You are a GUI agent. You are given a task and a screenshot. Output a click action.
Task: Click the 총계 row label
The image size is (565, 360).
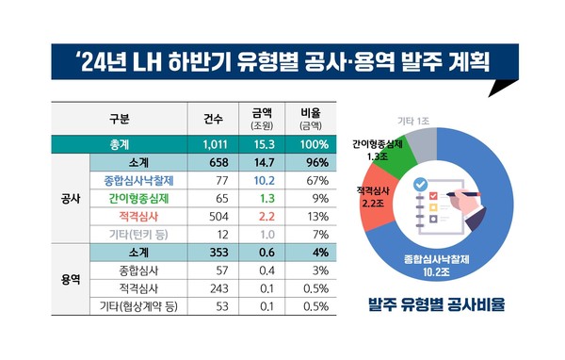[121, 145]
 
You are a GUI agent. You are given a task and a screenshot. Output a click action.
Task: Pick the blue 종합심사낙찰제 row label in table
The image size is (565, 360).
[138, 180]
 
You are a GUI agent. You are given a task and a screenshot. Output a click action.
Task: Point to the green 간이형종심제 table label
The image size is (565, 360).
[138, 199]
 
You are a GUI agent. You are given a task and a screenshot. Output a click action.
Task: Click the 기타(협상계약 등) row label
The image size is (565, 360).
[138, 306]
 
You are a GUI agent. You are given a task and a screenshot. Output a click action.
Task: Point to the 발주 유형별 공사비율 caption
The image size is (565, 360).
[441, 306]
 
